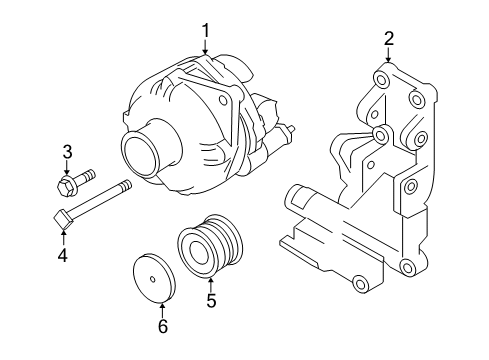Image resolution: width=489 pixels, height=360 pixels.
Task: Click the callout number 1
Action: pyautogui.click(x=206, y=31)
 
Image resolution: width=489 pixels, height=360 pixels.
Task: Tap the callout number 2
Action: pyautogui.click(x=389, y=39)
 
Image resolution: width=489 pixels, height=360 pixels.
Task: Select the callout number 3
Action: pyautogui.click(x=67, y=152)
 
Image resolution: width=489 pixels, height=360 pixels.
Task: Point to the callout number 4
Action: pyautogui.click(x=63, y=256)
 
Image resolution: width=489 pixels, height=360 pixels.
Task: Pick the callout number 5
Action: pyautogui.click(x=211, y=300)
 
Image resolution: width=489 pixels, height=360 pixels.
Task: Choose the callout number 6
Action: pyautogui.click(x=162, y=326)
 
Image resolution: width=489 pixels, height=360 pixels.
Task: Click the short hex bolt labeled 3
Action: pyautogui.click(x=76, y=183)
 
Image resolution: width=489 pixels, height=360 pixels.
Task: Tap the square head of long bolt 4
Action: pyautogui.click(x=63, y=219)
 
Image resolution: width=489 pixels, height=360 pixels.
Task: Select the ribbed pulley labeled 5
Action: pyautogui.click(x=210, y=245)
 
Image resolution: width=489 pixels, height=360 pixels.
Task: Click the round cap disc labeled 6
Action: pyautogui.click(x=154, y=279)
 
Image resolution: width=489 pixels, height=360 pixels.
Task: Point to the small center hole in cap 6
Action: pyautogui.click(x=153, y=279)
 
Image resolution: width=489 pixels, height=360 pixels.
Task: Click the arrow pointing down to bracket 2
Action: pyautogui.click(x=388, y=55)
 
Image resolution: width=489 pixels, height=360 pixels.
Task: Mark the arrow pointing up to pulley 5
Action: pyautogui.click(x=210, y=285)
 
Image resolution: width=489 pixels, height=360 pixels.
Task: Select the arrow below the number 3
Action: pyautogui.click(x=67, y=167)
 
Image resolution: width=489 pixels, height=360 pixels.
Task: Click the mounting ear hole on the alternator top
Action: pyautogui.click(x=223, y=100)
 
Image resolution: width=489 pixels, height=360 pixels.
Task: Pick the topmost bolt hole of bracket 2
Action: pyautogui.click(x=381, y=80)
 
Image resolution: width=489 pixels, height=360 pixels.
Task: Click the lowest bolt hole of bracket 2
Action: pyautogui.click(x=360, y=283)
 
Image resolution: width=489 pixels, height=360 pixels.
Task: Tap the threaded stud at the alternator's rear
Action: pyautogui.click(x=290, y=130)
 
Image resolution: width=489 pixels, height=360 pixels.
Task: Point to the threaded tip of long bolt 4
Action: pyautogui.click(x=126, y=185)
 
